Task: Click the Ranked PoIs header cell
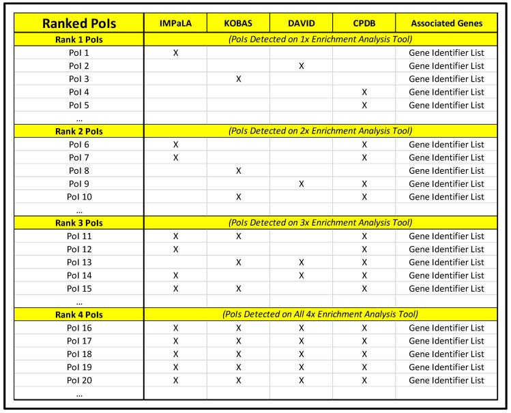(x=79, y=23)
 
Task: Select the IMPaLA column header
(x=175, y=23)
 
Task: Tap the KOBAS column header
(x=238, y=23)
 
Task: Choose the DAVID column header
(x=301, y=23)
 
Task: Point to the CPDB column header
(x=364, y=23)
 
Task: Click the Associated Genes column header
(x=446, y=23)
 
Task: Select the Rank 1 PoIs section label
(x=79, y=40)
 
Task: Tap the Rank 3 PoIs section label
(x=79, y=222)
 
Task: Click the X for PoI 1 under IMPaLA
(x=175, y=52)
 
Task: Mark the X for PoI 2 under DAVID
(x=301, y=65)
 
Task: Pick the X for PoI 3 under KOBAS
(x=238, y=79)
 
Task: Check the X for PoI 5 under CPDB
(x=364, y=105)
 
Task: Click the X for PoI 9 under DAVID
(x=301, y=183)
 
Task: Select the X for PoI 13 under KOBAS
(x=238, y=262)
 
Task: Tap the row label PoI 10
(x=79, y=197)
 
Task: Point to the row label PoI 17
(x=79, y=341)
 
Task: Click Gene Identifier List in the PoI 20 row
(x=446, y=380)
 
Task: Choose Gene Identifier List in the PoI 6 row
(x=446, y=144)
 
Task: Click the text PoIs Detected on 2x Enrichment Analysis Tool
(x=320, y=131)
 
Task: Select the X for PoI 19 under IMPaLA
(x=175, y=367)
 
